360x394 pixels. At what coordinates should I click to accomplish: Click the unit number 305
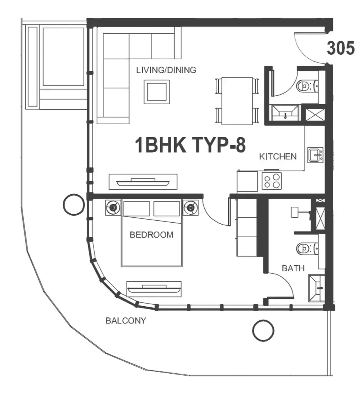341,48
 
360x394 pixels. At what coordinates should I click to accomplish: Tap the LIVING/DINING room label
166,70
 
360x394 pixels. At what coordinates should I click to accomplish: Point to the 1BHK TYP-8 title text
190,145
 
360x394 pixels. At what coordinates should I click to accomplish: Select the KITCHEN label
278,156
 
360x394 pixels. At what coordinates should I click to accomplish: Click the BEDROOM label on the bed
151,235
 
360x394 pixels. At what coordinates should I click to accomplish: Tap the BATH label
293,268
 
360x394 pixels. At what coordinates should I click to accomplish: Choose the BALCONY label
126,321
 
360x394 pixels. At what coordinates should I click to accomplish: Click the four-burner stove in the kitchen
272,181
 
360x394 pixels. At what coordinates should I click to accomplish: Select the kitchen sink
316,155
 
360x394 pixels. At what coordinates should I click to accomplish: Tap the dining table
237,101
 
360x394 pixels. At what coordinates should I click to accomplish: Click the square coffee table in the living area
157,92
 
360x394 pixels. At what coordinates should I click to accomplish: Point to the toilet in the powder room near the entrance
307,86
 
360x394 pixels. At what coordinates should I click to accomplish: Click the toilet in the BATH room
307,249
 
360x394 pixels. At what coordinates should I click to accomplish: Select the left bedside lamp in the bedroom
113,208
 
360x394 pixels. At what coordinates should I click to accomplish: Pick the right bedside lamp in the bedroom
191,208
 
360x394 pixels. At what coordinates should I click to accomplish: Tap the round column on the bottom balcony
263,330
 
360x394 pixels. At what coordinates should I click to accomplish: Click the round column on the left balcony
74,205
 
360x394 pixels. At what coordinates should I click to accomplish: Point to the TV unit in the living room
143,182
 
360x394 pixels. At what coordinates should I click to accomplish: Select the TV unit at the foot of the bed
154,289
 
